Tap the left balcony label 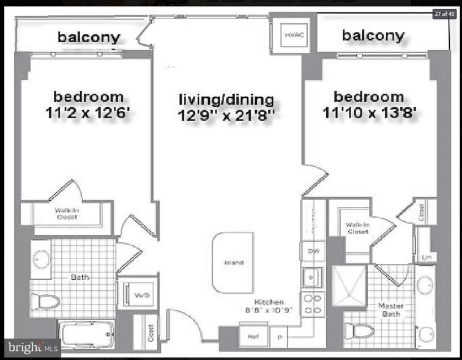click(x=89, y=37)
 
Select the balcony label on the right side click(x=373, y=36)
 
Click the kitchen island click(x=233, y=263)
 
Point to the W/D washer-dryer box click(x=141, y=294)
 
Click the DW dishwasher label click(x=312, y=251)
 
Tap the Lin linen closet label click(x=425, y=257)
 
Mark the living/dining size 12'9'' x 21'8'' click(x=226, y=115)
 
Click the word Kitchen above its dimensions click(x=269, y=302)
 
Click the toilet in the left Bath click(x=47, y=301)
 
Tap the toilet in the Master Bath click(x=359, y=331)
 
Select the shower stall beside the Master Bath click(x=349, y=285)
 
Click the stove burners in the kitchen click(x=313, y=305)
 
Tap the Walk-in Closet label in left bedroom click(x=67, y=214)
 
